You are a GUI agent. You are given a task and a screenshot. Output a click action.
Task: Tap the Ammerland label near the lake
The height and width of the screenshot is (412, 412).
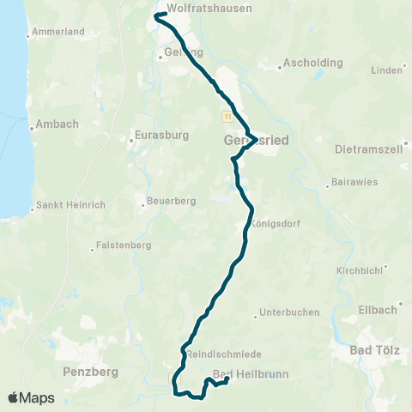[x=58, y=33]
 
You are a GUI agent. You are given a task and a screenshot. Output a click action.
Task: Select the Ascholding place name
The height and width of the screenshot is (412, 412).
[x=313, y=63]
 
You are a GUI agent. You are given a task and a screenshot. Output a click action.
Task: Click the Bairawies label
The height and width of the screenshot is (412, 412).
[x=356, y=183]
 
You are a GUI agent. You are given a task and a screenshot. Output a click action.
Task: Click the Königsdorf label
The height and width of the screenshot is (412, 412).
[x=279, y=223]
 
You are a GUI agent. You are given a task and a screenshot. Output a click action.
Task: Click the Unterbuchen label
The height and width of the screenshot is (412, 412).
[x=289, y=312]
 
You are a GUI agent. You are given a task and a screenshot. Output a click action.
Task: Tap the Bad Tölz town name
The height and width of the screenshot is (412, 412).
[x=372, y=350]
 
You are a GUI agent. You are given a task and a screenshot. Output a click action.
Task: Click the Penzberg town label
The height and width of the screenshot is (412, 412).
[x=90, y=373]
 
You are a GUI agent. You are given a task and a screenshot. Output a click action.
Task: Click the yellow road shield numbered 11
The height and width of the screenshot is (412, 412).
[x=227, y=115]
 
